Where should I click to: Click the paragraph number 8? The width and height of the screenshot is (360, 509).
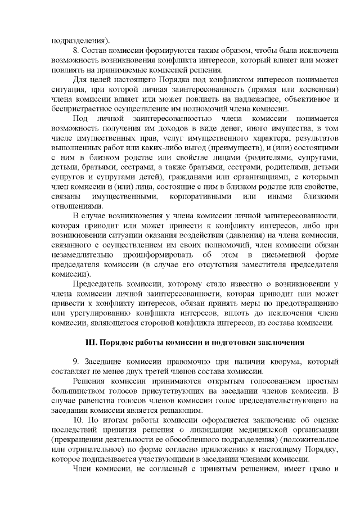click(x=76, y=50)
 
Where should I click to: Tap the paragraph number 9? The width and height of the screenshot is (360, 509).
click(x=76, y=360)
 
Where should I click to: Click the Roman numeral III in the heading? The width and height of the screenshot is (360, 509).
click(x=91, y=341)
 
